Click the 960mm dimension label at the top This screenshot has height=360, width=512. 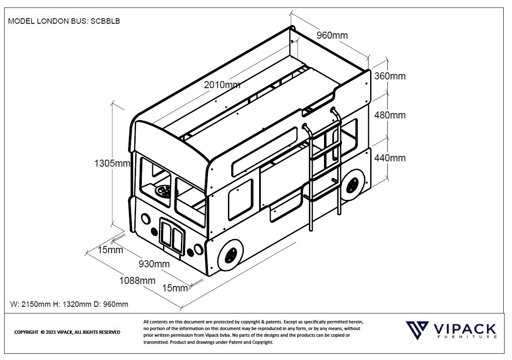point(332,35)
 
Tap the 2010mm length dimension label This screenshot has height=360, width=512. point(222,85)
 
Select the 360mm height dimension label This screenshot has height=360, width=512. point(390,76)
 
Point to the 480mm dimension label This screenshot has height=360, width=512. point(390,115)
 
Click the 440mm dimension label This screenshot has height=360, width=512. point(390,158)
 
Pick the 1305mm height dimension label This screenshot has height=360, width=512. point(112,163)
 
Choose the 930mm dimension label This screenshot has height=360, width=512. point(154,264)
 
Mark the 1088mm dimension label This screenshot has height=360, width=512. point(137,281)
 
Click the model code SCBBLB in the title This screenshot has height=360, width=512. point(105,21)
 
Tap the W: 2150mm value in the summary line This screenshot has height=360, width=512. point(31,304)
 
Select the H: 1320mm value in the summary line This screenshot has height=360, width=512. point(72,304)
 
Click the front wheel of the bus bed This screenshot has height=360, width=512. point(230,255)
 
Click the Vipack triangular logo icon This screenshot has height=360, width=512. point(417,330)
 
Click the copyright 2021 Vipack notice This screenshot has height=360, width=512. point(67,332)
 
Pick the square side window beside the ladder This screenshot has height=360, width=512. point(241,200)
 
